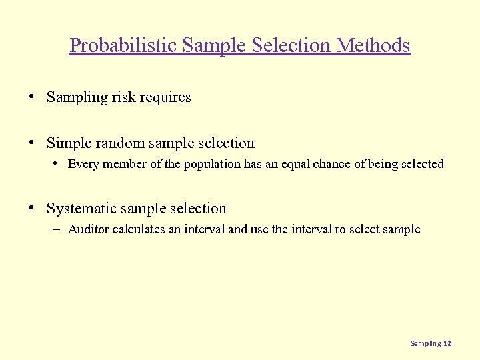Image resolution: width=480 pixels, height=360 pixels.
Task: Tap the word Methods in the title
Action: (x=374, y=45)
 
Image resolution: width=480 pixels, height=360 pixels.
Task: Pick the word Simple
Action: (x=66, y=143)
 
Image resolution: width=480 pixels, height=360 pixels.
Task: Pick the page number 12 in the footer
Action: (x=447, y=343)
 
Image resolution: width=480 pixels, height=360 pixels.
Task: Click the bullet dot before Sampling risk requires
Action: (x=32, y=97)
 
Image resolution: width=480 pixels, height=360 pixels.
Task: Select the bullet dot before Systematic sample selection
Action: (x=32, y=209)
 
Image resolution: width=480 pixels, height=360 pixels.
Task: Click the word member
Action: (x=121, y=164)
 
